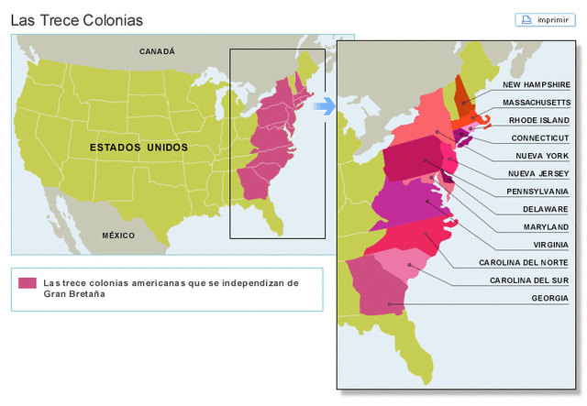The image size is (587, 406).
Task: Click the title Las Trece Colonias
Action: pos(77,19)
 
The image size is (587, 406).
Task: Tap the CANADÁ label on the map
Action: pos(157,52)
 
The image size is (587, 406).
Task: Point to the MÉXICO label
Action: pos(118,236)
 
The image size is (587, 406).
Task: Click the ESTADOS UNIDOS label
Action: pos(138,147)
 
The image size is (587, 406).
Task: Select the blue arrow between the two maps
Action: pos(325,107)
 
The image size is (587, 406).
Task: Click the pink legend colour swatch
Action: pos(28,283)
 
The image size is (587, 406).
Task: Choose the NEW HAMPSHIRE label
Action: pos(537,84)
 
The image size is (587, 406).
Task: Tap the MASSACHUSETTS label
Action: pos(537,102)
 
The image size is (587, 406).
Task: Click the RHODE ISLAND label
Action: pos(540,120)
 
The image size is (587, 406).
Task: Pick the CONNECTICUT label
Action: pos(540,137)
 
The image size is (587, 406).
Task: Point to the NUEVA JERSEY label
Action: pos(539,173)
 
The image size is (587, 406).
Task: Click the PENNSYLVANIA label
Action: pos(537,192)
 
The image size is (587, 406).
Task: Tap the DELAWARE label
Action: pos(546,209)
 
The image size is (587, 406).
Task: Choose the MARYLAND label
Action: pos(546,226)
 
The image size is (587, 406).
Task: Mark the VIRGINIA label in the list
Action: pos(550,245)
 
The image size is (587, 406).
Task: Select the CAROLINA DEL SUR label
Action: pos(529,280)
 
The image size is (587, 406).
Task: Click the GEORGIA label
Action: pos(549,298)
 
